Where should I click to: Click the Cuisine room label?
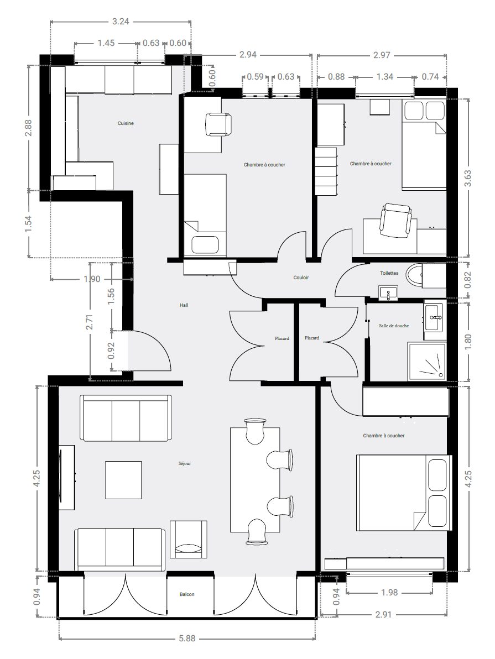[126, 123]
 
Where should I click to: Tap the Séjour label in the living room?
[185, 464]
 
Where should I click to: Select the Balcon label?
[187, 594]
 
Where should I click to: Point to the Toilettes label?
[389, 273]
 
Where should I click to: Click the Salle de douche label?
[394, 326]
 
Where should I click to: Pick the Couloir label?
[301, 278]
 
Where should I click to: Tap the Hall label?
[184, 305]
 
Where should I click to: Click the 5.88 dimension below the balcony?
[187, 638]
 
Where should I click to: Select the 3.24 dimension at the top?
[121, 21]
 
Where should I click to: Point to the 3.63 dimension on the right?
[467, 178]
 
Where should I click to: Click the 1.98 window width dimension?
[389, 592]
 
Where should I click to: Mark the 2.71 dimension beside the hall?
[90, 322]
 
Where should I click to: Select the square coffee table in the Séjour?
[123, 479]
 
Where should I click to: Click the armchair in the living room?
[189, 539]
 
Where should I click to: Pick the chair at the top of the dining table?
[255, 431]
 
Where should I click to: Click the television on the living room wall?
[66, 478]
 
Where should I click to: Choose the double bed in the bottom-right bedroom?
[404, 493]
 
